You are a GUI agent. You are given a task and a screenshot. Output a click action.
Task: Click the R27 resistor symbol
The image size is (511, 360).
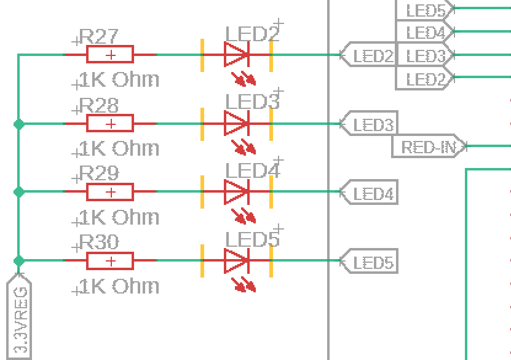110,55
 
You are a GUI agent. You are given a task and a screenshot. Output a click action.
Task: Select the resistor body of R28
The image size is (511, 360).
110,124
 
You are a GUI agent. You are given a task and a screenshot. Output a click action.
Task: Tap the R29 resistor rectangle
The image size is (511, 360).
110,192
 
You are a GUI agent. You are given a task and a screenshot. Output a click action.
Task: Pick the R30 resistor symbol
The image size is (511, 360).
110,261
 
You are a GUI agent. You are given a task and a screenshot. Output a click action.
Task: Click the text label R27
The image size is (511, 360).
99,37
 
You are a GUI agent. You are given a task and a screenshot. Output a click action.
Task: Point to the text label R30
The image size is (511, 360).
99,243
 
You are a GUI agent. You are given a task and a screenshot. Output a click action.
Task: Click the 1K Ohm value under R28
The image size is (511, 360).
119,148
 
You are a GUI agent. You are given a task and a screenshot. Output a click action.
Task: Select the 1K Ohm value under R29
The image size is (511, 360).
119,217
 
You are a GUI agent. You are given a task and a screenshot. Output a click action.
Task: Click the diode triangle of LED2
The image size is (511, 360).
236,55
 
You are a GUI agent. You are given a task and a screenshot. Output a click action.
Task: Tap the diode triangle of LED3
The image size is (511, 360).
236,124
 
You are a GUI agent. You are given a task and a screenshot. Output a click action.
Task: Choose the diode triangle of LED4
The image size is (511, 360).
236,192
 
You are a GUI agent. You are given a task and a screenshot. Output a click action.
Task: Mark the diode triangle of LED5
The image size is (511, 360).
236,261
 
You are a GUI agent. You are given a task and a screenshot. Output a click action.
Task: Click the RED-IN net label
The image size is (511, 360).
429,147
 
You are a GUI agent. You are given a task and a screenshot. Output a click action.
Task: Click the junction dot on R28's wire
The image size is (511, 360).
18,124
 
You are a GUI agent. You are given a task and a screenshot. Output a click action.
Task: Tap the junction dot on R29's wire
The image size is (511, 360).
18,192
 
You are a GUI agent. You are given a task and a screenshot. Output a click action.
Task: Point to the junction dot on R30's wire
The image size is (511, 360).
18,261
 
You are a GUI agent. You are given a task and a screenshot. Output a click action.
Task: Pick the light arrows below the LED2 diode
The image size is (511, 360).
244,79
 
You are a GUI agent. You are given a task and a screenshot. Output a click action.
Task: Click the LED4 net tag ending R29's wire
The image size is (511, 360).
370,194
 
